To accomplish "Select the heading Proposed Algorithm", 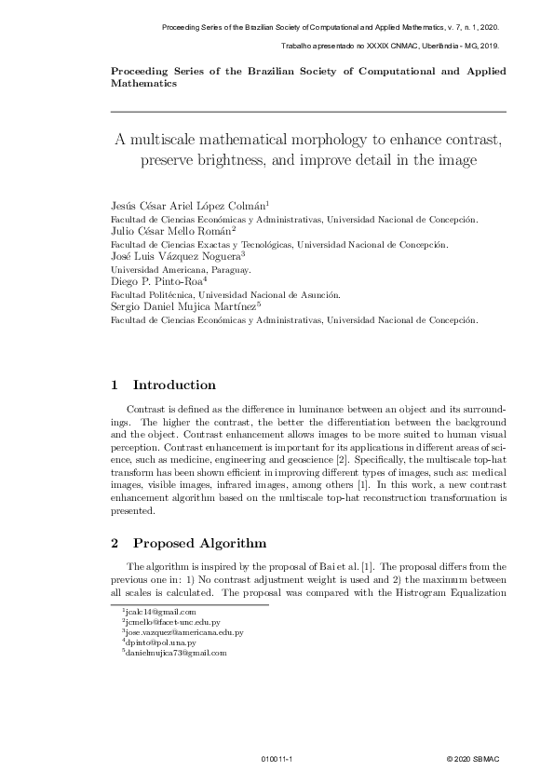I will point(199,543).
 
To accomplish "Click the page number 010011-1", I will point(277,760).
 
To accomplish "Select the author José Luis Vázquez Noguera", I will point(176,254).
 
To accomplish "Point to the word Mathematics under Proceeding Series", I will point(143,83).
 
